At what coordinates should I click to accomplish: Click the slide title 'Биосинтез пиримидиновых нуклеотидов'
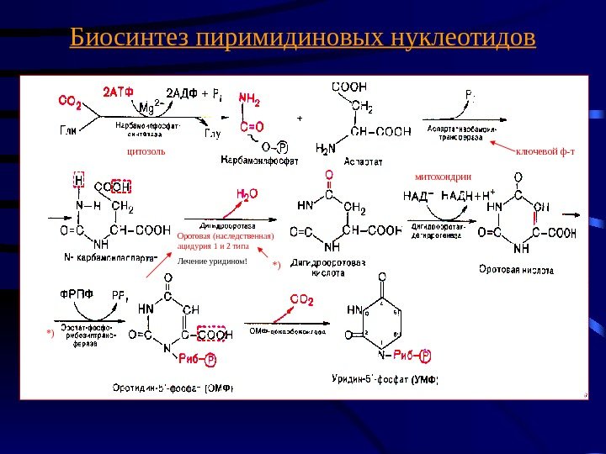click(x=302, y=39)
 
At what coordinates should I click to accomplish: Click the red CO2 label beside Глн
click(x=70, y=102)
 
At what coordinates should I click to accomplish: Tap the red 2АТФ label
click(x=119, y=90)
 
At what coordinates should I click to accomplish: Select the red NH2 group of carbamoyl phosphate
click(x=250, y=98)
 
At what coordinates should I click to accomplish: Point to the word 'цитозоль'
click(x=146, y=151)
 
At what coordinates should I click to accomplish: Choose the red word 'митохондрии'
click(x=444, y=177)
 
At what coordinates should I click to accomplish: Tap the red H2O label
click(x=247, y=194)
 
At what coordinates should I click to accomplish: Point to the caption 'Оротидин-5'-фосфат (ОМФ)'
click(x=173, y=388)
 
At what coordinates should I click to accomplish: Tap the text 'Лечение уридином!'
click(x=213, y=261)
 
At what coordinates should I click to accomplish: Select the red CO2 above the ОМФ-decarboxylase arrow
click(x=302, y=298)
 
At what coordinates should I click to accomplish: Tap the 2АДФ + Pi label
click(x=193, y=92)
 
